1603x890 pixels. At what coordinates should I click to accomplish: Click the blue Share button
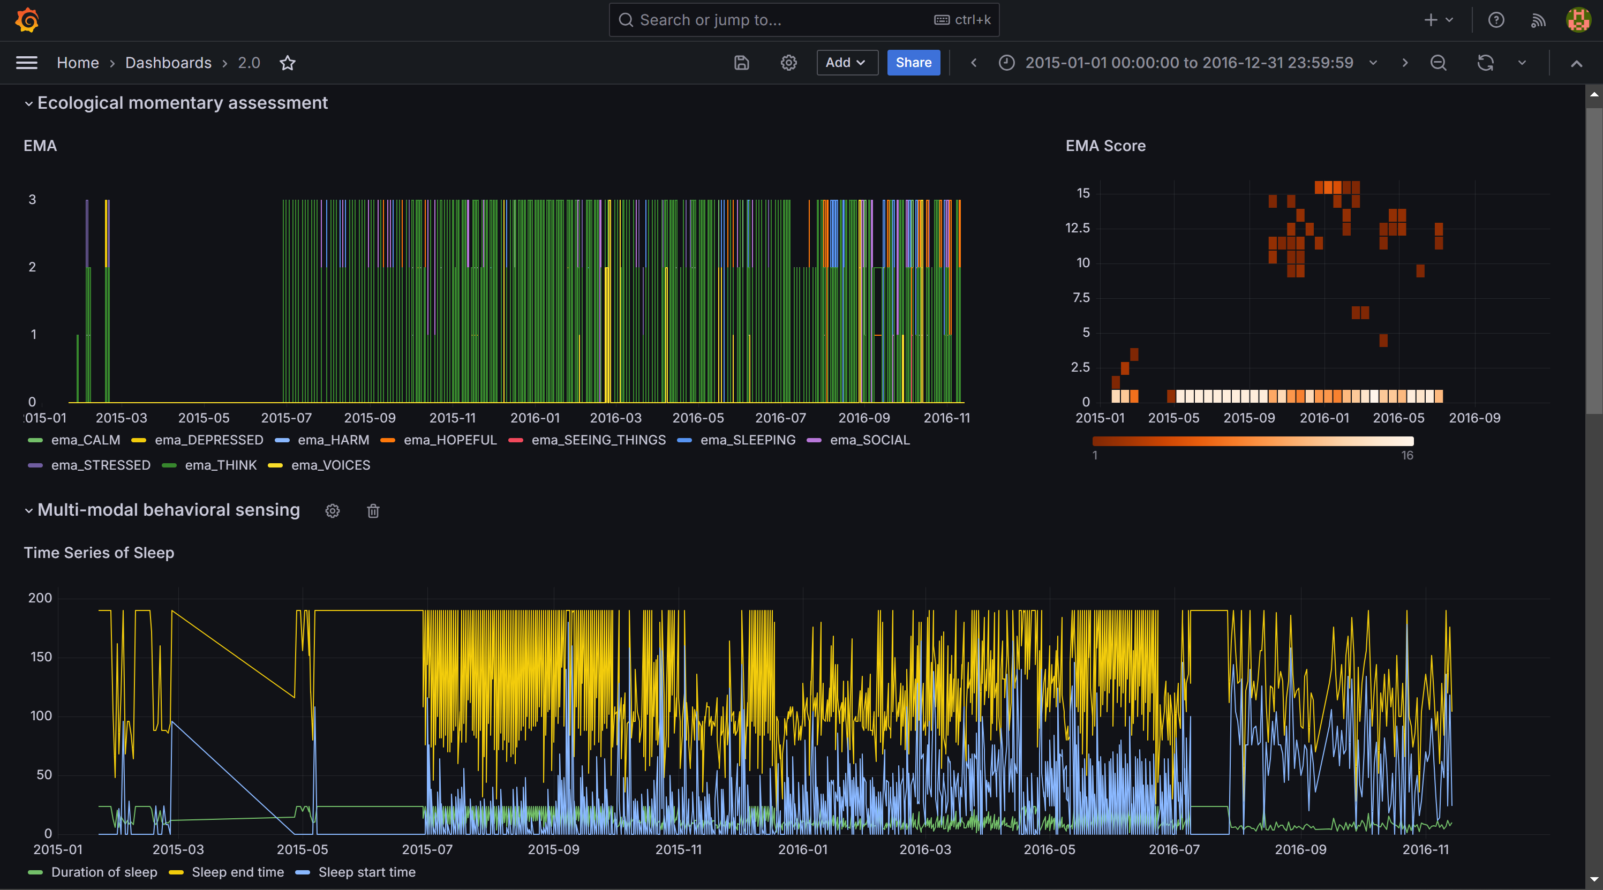pos(913,63)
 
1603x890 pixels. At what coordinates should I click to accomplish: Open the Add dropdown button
pos(846,63)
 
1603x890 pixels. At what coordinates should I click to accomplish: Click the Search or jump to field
pos(803,20)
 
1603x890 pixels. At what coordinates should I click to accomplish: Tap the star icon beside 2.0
pos(288,63)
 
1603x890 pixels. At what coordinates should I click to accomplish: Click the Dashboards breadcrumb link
pos(168,63)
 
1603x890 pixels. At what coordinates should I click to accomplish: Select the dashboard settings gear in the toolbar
pos(788,63)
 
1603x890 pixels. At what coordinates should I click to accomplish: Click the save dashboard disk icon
pos(741,63)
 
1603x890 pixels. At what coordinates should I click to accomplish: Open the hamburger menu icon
pos(27,63)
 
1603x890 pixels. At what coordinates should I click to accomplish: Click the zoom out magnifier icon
pos(1438,63)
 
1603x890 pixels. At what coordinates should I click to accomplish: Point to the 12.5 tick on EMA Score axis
pos(1077,228)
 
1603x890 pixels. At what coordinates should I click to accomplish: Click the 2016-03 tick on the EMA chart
pos(615,418)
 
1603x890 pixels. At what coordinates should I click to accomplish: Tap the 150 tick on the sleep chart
pos(41,657)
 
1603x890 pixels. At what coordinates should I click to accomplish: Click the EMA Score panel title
pos(1105,146)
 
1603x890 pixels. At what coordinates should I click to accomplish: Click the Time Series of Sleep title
pos(99,553)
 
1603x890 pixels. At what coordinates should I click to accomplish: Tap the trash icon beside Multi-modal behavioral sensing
pos(373,511)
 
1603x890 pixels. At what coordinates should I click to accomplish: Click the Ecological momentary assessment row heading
pos(182,103)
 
